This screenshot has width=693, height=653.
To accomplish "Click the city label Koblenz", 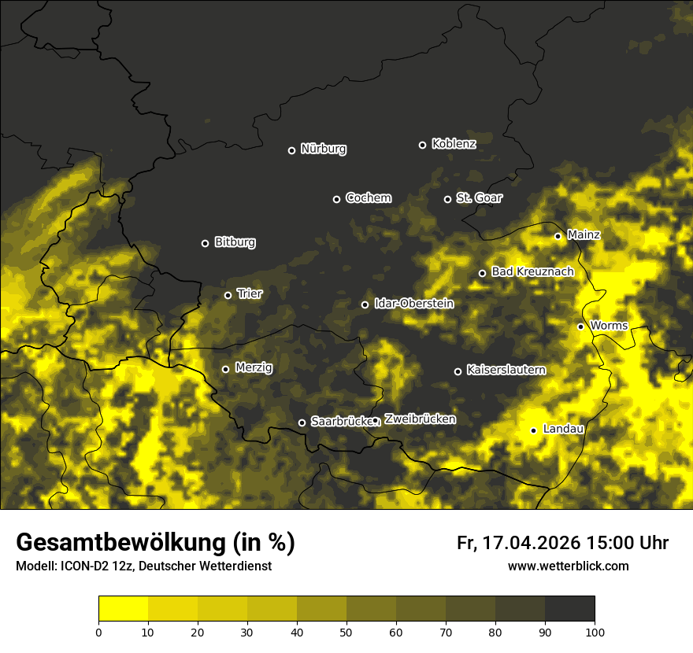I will [x=454, y=144].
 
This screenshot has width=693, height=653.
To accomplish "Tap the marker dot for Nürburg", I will [x=291, y=150].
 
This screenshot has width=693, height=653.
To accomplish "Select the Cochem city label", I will [x=368, y=198].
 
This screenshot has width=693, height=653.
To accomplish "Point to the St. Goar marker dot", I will [x=447, y=199].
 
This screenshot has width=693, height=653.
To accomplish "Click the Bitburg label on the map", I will [x=235, y=242].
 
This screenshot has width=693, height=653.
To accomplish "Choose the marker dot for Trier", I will [x=228, y=295].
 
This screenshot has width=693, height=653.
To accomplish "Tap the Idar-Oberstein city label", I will [x=413, y=304].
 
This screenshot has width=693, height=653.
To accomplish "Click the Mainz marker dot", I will [x=558, y=236].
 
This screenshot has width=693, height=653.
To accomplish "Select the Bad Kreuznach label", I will [x=532, y=271].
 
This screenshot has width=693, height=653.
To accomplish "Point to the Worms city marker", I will [x=580, y=326].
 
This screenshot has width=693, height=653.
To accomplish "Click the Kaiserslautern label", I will [x=506, y=370].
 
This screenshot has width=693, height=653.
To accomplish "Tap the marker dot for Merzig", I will [x=225, y=369].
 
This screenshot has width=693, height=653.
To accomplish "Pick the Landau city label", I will [x=563, y=429].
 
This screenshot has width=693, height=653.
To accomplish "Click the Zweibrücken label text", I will [x=420, y=419].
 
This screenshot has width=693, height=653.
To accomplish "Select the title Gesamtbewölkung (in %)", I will [x=155, y=542].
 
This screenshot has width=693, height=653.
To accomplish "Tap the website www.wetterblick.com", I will [x=568, y=566].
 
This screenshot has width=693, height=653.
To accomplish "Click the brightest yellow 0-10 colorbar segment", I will [x=123, y=609].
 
